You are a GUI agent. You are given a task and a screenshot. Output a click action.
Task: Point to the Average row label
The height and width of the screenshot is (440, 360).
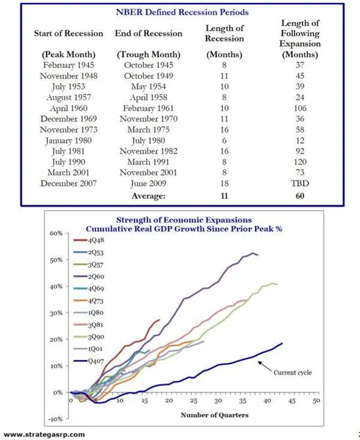148,195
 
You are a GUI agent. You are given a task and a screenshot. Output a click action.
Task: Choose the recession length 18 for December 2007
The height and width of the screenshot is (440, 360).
223,184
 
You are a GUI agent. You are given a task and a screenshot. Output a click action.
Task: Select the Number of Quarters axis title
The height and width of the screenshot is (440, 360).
197,414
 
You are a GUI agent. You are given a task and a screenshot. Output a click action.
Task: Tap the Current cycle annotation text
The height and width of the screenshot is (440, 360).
292,372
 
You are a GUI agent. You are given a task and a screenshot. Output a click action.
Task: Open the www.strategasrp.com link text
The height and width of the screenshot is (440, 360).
44,434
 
